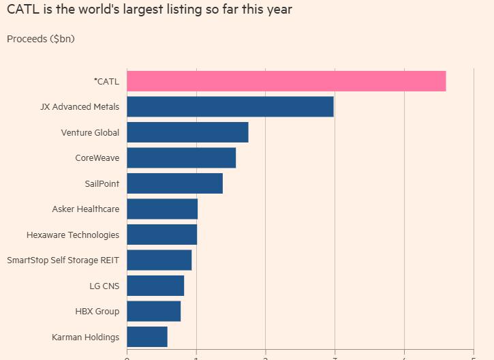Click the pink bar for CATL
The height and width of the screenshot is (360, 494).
tap(286, 81)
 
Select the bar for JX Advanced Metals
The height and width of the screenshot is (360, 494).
tap(230, 106)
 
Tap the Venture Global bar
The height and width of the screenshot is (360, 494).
tap(187, 132)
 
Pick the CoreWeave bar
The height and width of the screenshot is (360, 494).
tap(181, 157)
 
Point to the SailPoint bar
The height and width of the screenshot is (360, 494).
tap(174, 183)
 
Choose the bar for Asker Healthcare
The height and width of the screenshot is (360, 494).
tap(162, 209)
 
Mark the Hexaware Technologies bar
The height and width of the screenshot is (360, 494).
tap(161, 235)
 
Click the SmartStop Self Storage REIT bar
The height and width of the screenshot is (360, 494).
tap(159, 260)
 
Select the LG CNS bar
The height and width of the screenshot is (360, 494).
tap(155, 286)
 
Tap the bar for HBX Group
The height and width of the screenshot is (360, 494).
tap(153, 311)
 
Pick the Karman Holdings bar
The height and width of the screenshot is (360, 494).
tap(146, 337)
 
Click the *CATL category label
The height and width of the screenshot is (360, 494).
tap(106, 81)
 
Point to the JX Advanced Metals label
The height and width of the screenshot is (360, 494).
tap(80, 106)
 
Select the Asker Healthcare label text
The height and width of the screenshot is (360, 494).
tap(85, 209)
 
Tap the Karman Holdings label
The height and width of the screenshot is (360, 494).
tap(85, 337)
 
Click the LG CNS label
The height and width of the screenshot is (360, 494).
tap(104, 286)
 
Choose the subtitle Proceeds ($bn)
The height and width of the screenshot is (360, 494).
tap(41, 39)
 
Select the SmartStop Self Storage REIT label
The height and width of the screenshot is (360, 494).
tap(63, 260)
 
